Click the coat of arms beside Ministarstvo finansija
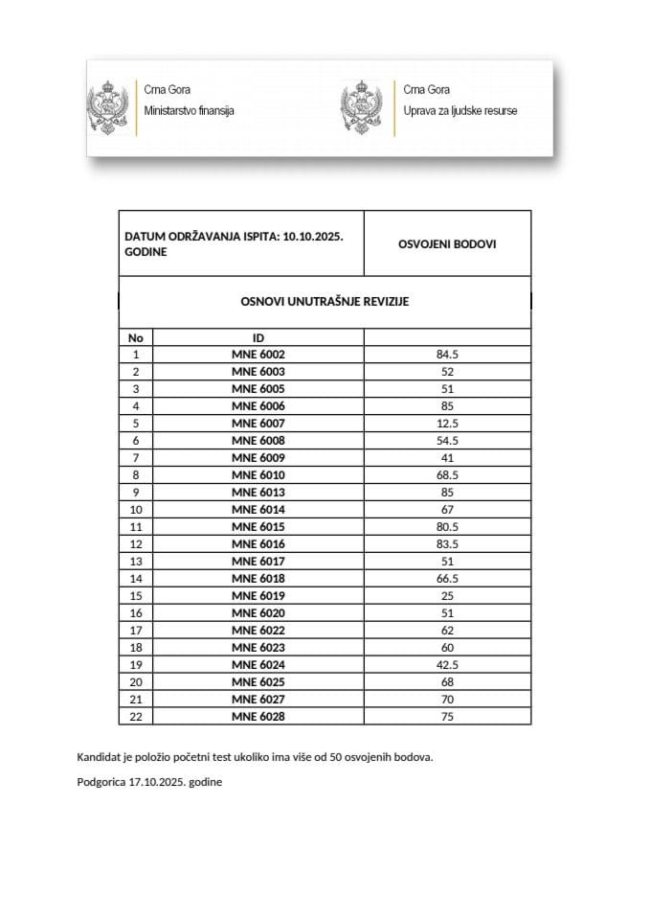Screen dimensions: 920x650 pyautogui.click(x=109, y=104)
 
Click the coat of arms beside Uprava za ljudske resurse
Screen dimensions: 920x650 pyautogui.click(x=361, y=104)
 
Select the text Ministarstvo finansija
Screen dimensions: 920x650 pyautogui.click(x=189, y=111)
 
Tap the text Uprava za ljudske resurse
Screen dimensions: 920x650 pyautogui.click(x=460, y=111)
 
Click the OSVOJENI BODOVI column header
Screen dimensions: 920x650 pyautogui.click(x=447, y=243)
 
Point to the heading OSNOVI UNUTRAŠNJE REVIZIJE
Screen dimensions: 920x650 pyautogui.click(x=325, y=301)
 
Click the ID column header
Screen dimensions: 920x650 pyautogui.click(x=258, y=337)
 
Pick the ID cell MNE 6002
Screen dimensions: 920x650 pyautogui.click(x=258, y=355)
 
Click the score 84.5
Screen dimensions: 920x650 pyautogui.click(x=447, y=355)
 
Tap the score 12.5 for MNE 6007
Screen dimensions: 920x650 pyautogui.click(x=447, y=424)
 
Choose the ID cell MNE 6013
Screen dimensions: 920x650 pyautogui.click(x=258, y=493)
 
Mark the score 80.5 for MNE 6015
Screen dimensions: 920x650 pyautogui.click(x=447, y=527)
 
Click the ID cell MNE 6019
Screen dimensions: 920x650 pyautogui.click(x=258, y=595)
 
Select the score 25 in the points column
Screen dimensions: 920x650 pyautogui.click(x=447, y=595)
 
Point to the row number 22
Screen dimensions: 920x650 pyautogui.click(x=135, y=716)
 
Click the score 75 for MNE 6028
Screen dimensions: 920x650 pyautogui.click(x=447, y=716)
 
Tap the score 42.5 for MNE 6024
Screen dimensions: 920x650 pyautogui.click(x=447, y=664)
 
